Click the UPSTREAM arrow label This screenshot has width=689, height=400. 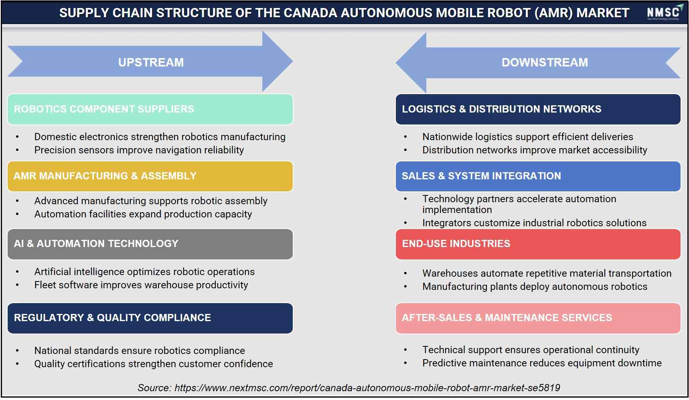click(x=151, y=62)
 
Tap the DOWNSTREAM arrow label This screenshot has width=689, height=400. click(x=545, y=62)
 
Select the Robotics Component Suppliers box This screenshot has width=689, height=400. click(x=150, y=109)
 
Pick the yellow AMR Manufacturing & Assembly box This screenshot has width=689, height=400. click(x=150, y=176)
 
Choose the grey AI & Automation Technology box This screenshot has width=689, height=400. click(x=150, y=244)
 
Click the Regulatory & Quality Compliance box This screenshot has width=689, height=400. click(x=150, y=318)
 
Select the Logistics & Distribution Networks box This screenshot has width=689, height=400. click(x=538, y=109)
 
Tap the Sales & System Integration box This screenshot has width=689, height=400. click(x=538, y=176)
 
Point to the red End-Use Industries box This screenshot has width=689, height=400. click(x=538, y=244)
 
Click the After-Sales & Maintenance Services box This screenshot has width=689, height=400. click(x=538, y=318)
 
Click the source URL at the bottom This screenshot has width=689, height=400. click(x=367, y=388)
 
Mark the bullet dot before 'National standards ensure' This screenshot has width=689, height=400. click(x=17, y=351)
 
